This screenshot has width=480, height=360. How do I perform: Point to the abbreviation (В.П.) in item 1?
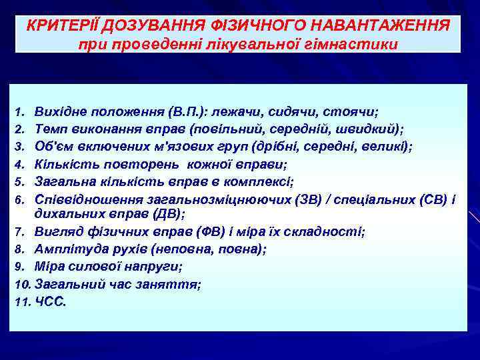click(190, 111)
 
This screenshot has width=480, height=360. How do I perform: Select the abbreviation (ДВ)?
click(167, 215)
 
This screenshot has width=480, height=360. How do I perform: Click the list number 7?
click(20, 232)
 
